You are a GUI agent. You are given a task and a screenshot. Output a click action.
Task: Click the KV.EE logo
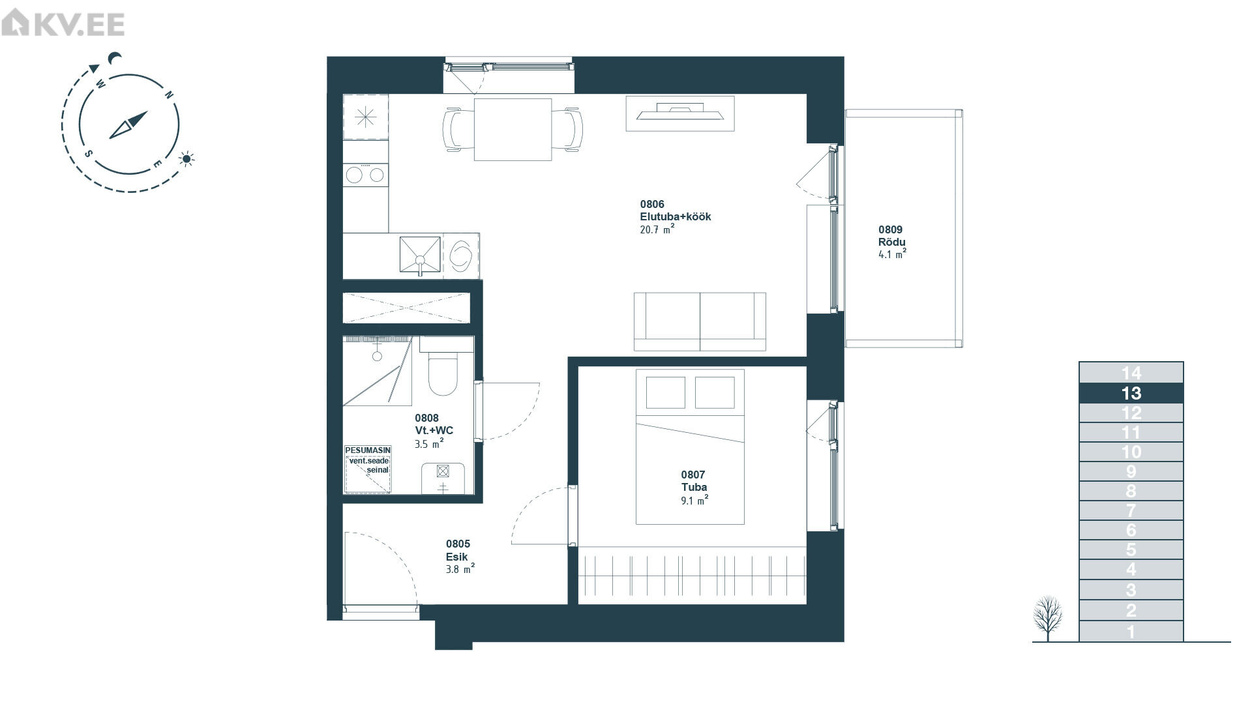click(63, 25)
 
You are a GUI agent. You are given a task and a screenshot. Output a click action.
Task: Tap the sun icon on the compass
click(188, 158)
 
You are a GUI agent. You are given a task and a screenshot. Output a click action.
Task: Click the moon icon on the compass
click(115, 59)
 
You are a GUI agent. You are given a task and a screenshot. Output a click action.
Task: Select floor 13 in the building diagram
click(1131, 393)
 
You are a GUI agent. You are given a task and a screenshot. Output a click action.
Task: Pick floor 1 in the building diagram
click(1131, 632)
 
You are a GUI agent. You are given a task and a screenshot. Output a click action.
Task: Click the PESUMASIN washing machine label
click(368, 450)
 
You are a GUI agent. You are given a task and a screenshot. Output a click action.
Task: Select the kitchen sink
click(420, 256)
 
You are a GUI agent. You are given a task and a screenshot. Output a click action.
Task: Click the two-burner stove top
click(366, 175)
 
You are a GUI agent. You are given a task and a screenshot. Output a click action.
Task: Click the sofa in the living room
click(700, 321)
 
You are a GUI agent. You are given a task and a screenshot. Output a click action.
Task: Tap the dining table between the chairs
click(513, 129)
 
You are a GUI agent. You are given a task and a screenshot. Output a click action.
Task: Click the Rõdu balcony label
click(891, 242)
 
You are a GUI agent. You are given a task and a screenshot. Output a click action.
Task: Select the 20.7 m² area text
click(657, 229)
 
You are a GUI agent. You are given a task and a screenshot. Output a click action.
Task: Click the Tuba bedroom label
click(694, 487)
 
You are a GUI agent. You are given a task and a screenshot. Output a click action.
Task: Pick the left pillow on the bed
click(665, 392)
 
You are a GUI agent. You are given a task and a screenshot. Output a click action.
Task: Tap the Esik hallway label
click(457, 557)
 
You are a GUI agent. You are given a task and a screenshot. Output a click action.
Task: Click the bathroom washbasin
click(443, 478)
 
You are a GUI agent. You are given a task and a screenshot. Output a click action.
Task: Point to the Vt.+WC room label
click(434, 430)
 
